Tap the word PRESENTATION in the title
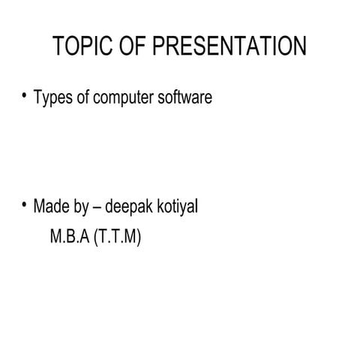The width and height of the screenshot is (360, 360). pos(229,47)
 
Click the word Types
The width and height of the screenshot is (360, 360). pos(53,98)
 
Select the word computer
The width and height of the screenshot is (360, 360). pos(123,98)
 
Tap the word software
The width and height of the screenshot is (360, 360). pos(185,97)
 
